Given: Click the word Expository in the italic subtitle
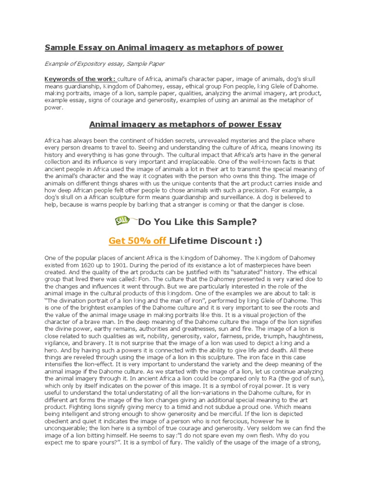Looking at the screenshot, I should [x=95, y=64].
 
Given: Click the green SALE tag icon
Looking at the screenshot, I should [x=122, y=221].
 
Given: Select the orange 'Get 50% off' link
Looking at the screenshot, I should [x=138, y=241].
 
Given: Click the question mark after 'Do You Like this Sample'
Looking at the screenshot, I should [x=254, y=222].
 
